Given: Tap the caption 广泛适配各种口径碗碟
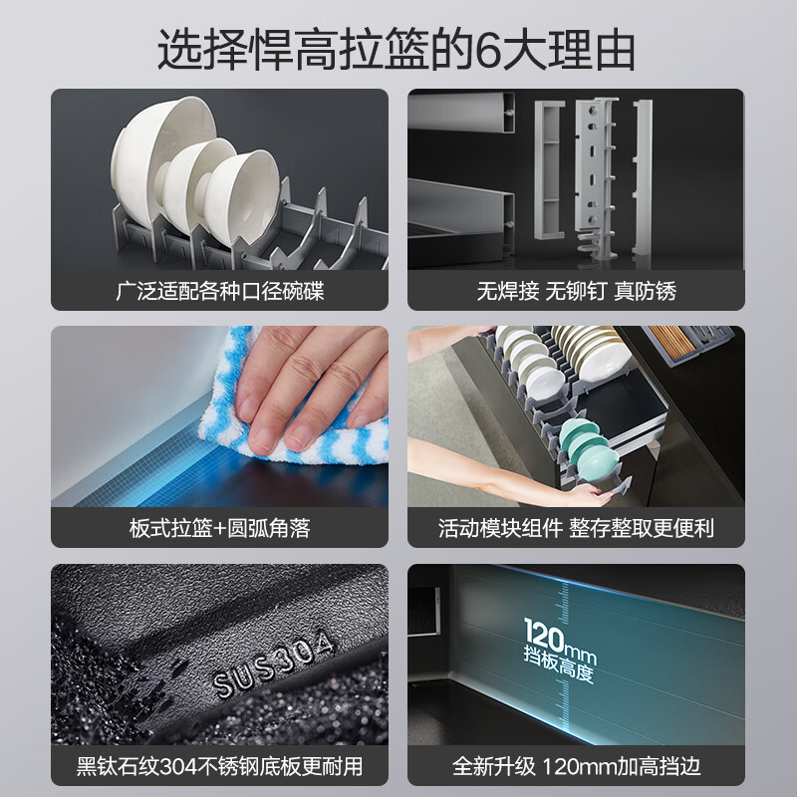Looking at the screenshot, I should point(219,292).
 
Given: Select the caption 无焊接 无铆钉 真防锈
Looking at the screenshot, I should point(576,292).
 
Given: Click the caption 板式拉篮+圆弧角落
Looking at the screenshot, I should point(219,528).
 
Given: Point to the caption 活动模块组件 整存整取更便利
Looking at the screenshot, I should point(576,528).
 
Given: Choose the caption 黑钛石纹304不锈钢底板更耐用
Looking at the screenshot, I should point(219,766).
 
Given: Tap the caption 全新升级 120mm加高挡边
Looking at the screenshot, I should point(576,766).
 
